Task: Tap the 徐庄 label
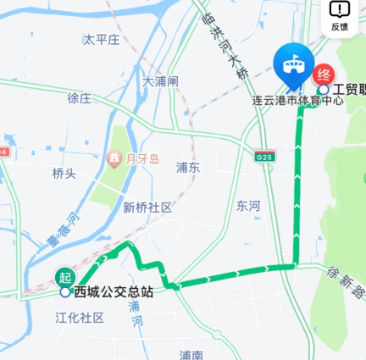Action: pos(79,97)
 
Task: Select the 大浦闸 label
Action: pos(160,81)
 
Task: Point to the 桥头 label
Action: pos(64,173)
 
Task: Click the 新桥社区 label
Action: pos(147,208)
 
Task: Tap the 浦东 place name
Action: pos(188,167)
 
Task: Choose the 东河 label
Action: pos(249,206)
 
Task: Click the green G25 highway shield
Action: pos(264,157)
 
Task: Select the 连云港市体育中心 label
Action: pos(297,100)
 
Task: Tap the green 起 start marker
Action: pos(64,276)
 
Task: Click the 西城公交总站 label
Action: pos(113,292)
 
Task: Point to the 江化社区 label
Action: pos(80,318)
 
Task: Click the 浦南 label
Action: pos(191,354)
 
